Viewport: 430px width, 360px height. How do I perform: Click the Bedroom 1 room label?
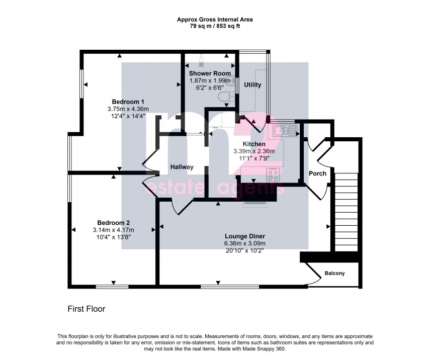point(126,102)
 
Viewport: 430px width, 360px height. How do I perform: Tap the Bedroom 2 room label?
point(114,223)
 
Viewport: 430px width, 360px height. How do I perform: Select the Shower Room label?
point(210,73)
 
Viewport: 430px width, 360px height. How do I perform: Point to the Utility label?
point(252,85)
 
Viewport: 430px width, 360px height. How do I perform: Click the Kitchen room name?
point(254,144)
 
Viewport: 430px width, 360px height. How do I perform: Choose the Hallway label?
point(182,167)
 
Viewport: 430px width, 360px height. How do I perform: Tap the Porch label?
point(317,173)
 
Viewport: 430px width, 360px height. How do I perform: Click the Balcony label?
point(334,274)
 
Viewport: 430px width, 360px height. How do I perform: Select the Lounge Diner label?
point(245,236)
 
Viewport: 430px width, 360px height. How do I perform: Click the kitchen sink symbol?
point(284,131)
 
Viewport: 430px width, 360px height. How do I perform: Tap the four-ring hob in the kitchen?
point(273,175)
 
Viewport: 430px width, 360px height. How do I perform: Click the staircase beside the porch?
point(346,211)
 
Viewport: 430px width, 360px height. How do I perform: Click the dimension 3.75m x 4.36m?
point(126,109)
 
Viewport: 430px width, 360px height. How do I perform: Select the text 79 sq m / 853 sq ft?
point(215,26)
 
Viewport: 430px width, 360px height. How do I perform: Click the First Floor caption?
point(87,309)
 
